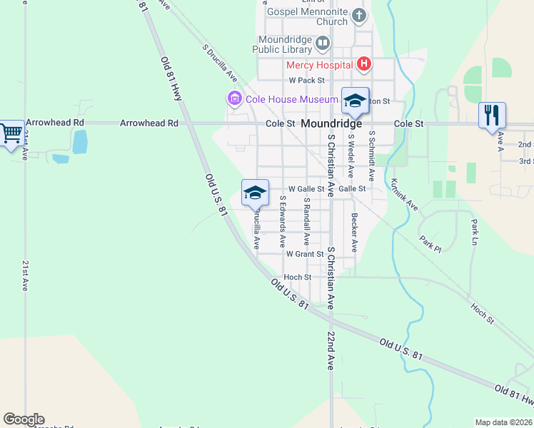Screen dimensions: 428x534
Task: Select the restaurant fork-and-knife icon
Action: point(491,114)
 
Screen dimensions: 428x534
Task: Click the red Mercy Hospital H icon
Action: point(364,65)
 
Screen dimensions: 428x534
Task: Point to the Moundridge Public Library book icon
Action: point(322,43)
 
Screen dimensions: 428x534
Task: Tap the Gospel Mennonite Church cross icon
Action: point(359,15)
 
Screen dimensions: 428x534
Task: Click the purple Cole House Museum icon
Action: point(233,98)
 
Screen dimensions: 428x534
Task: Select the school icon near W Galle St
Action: point(255,192)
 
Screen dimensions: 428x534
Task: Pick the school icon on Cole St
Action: point(355,101)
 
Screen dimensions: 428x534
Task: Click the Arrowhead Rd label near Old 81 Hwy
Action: point(149,123)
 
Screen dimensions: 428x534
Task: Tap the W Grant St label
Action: point(305,254)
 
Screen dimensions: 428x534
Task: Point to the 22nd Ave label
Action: point(331,350)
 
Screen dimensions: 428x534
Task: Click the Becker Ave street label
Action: point(353,233)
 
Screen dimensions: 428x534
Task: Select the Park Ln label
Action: point(473,233)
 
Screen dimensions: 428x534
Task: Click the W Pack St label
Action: point(306,81)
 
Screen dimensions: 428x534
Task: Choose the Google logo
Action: point(24,419)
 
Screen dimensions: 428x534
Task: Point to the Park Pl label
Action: point(430,244)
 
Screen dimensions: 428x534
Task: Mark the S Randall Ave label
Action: point(306,221)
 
